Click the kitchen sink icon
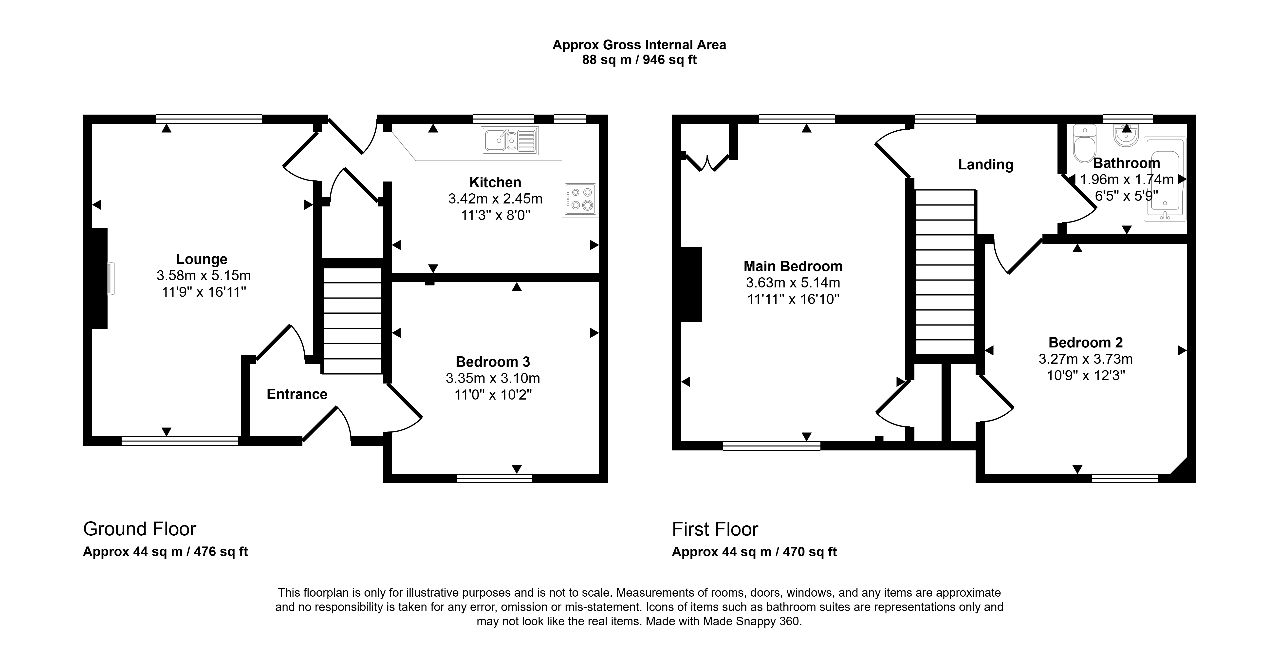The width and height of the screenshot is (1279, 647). (x=509, y=141)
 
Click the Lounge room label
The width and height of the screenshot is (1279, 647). (x=202, y=259)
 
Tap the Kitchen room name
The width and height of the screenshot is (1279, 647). (x=495, y=182)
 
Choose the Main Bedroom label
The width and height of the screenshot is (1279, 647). (x=793, y=266)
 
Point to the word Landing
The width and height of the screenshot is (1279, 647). (x=985, y=164)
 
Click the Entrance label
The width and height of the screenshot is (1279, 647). (x=297, y=394)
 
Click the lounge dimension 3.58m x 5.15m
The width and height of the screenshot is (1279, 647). (x=204, y=275)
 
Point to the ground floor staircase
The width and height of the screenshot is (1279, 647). (x=352, y=321)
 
